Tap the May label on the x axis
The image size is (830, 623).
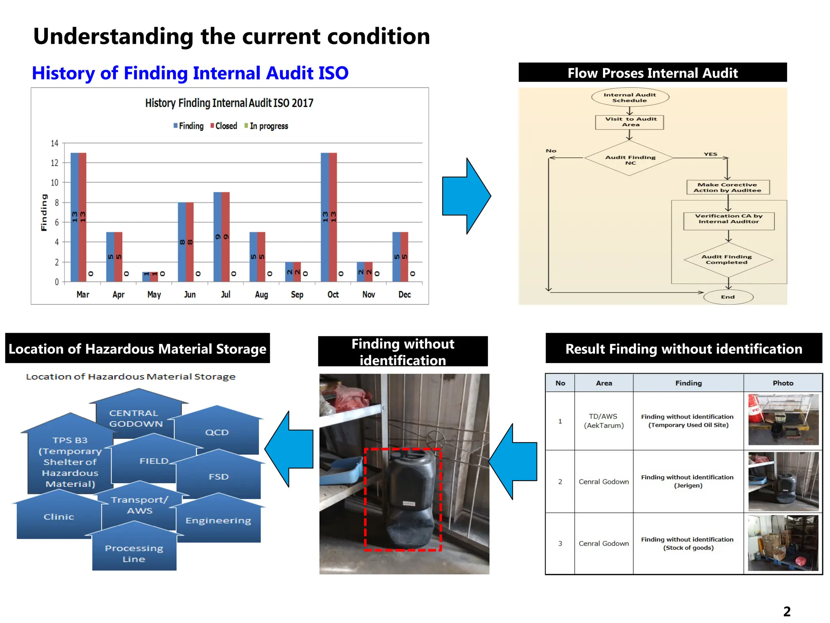pos(154,294)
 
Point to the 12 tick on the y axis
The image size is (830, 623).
pos(54,163)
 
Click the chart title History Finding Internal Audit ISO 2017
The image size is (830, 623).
pos(229,103)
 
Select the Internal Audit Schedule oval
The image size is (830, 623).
pos(630,97)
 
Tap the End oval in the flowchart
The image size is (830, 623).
pos(728,297)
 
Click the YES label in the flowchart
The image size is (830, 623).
pos(710,154)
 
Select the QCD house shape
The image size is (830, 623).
pos(217,432)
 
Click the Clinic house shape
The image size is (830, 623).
pos(59,517)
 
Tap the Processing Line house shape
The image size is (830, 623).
pos(134,553)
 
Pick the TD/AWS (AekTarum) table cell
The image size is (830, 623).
pos(603,421)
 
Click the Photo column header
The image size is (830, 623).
pos(783,383)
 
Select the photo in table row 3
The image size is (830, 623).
pos(783,543)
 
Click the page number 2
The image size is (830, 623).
pos(787,611)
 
